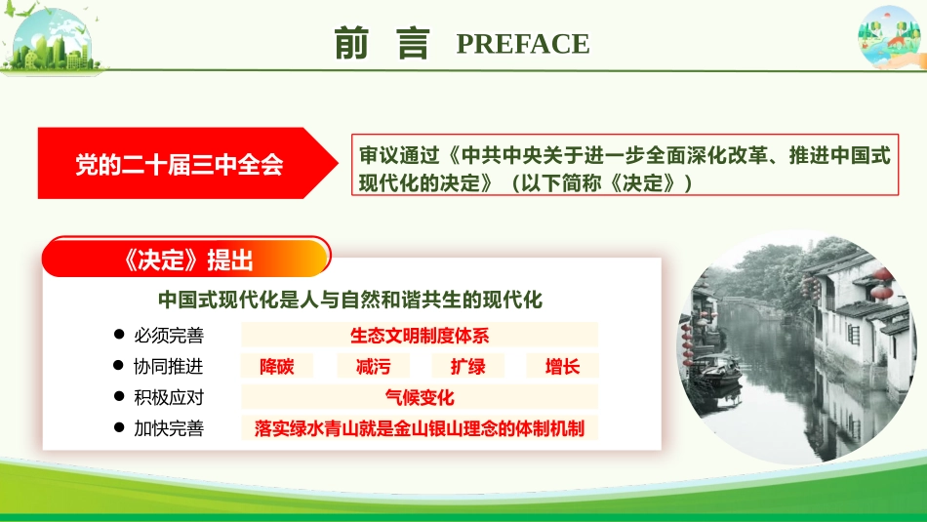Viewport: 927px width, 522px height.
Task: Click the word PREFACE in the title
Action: click(522, 44)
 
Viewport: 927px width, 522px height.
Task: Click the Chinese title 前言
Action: click(382, 44)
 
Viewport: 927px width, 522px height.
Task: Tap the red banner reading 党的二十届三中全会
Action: click(181, 164)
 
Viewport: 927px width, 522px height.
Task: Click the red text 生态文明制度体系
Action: click(420, 336)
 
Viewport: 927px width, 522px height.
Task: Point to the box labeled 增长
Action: click(563, 367)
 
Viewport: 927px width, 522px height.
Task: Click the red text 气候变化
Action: click(420, 397)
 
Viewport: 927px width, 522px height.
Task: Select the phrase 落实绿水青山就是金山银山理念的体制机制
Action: click(420, 427)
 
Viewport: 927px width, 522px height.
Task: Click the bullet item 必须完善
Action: click(169, 336)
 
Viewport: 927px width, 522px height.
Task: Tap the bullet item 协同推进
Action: click(169, 367)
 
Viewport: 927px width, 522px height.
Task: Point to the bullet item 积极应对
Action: click(169, 397)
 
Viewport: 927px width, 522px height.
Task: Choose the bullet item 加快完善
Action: click(169, 427)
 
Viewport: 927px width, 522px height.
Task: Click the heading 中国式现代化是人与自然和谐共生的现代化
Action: click(350, 298)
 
